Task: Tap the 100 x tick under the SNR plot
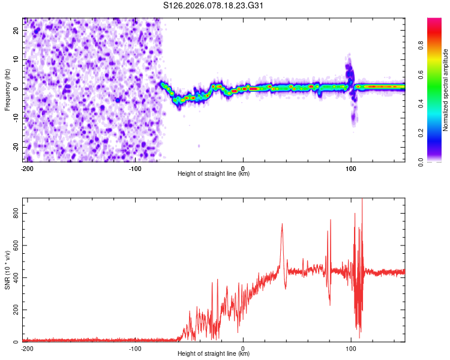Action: click(x=351, y=349)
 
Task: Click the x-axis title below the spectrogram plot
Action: click(x=214, y=174)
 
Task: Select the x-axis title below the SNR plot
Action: click(x=214, y=354)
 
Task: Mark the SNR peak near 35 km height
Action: click(x=282, y=224)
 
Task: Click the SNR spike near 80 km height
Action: click(x=330, y=221)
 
